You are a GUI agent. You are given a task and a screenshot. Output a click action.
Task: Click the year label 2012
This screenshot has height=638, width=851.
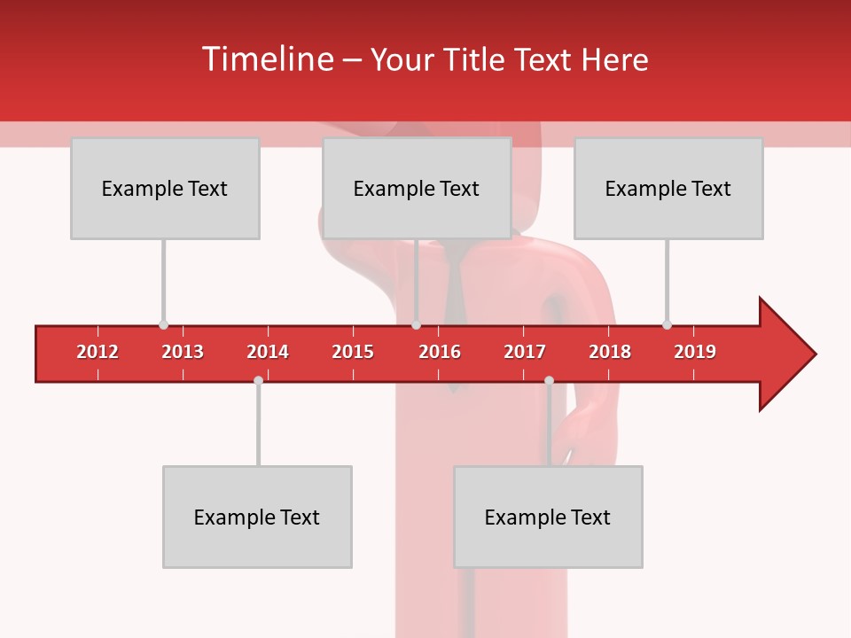[x=98, y=352]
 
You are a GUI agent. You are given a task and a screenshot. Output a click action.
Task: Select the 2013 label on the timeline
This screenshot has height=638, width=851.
[x=183, y=352]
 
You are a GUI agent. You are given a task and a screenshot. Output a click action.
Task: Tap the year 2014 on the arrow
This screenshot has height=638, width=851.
[x=268, y=352]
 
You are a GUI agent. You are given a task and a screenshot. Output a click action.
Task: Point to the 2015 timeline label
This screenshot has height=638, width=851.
[x=353, y=352]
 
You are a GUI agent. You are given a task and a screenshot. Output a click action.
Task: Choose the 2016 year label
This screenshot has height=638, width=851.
[x=440, y=352]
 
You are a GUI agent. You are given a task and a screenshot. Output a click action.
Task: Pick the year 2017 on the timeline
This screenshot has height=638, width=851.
[x=525, y=352]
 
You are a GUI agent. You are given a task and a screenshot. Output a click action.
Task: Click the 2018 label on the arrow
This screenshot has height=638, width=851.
[x=610, y=352]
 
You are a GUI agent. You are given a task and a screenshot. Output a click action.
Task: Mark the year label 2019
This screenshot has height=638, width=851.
[x=695, y=352]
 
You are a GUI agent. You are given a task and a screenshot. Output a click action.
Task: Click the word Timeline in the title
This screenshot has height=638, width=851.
[x=267, y=59]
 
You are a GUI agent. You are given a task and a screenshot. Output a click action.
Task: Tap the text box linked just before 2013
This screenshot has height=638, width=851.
[x=165, y=188]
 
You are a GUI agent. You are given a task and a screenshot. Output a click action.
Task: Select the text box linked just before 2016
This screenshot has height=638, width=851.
[x=417, y=188]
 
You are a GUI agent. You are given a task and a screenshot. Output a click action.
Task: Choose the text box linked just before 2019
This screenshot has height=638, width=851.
[x=668, y=188]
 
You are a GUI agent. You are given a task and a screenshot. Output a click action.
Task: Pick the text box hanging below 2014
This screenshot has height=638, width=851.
[x=257, y=517]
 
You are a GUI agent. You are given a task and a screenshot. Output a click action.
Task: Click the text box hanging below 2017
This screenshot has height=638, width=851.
[x=548, y=517]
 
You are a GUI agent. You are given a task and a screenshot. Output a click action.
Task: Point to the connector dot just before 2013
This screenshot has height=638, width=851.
[x=163, y=324]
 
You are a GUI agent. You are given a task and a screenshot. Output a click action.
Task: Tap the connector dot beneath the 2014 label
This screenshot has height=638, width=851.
[x=258, y=380]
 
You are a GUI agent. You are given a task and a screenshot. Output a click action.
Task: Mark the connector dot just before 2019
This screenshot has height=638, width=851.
[x=667, y=324]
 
